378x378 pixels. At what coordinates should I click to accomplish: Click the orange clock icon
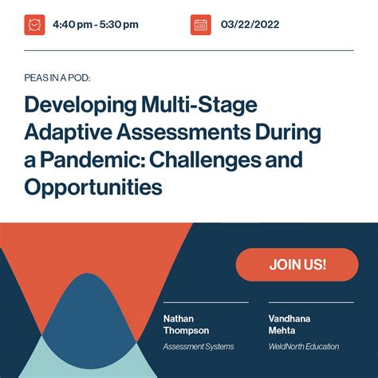pos(34,25)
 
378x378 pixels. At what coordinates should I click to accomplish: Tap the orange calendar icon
pos(201,25)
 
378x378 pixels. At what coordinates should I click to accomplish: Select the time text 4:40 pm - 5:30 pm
pos(96,25)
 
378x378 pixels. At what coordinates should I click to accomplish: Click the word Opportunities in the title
pos(93,187)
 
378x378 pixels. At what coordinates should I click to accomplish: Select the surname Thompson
pos(187,329)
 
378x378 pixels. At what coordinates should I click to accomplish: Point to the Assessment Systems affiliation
pos(199,346)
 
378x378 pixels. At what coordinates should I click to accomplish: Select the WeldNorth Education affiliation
pos(304,346)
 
